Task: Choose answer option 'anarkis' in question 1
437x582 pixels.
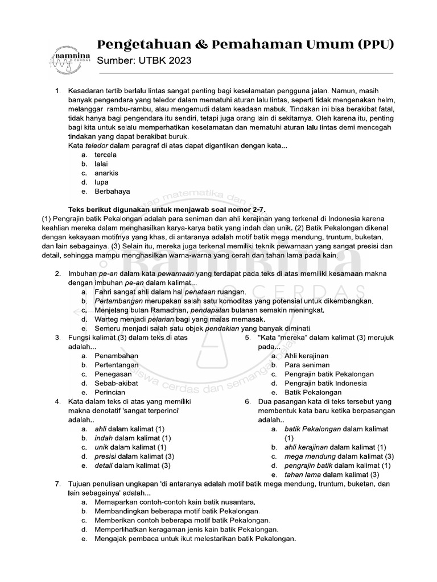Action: (106, 173)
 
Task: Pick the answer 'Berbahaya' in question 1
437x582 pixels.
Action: (112, 192)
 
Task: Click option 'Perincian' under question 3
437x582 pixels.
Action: (110, 393)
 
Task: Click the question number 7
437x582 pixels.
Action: (57, 484)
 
